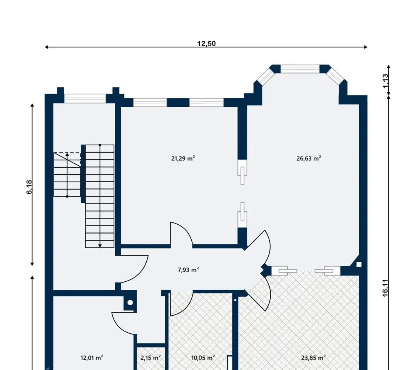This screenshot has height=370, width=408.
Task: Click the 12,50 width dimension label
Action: click(206, 44)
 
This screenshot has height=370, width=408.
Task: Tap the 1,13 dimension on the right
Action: click(385, 81)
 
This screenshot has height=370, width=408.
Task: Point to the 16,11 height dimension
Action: click(385, 288)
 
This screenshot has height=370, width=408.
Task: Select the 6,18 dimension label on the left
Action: click(29, 187)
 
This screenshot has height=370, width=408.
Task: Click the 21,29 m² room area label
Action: click(183, 158)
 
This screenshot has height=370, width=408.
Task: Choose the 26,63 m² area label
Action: click(309, 158)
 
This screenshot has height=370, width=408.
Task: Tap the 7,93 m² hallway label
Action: click(188, 270)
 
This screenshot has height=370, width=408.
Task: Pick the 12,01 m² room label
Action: click(92, 358)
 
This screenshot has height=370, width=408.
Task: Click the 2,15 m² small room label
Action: click(150, 358)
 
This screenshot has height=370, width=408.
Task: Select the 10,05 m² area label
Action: click(203, 358)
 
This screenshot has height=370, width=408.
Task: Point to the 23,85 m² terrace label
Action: click(313, 358)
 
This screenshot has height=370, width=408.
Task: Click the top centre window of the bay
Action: click(300, 69)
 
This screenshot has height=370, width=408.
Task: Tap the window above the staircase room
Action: click(85, 99)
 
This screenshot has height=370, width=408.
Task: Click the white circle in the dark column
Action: click(130, 303)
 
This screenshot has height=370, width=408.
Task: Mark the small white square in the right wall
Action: click(359, 264)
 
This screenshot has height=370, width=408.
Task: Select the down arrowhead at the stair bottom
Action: click(100, 246)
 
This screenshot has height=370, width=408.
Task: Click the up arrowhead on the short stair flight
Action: click(67, 155)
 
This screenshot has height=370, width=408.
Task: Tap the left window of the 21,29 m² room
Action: click(150, 103)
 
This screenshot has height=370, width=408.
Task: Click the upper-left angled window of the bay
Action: click(264, 77)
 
